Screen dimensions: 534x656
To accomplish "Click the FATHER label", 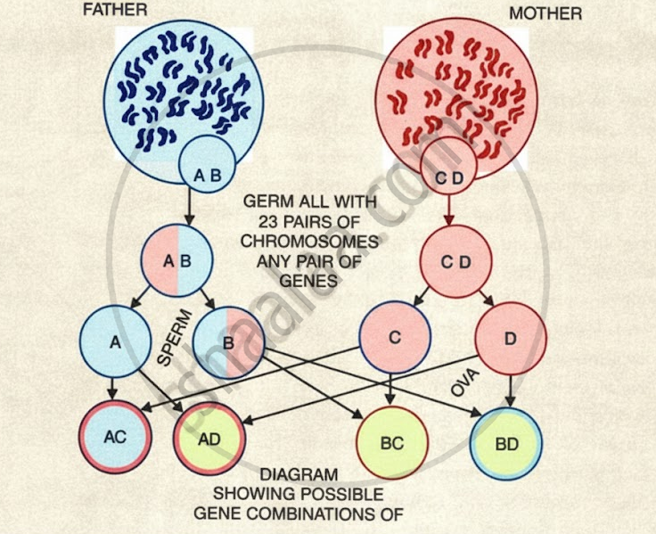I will click(x=115, y=12).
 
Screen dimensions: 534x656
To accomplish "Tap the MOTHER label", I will click(x=545, y=13).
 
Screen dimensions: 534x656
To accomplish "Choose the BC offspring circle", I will click(x=392, y=443).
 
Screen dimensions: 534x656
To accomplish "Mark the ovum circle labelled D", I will click(x=510, y=338).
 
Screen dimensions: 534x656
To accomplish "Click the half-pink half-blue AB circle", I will click(x=177, y=261).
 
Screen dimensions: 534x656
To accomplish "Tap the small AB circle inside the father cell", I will click(x=208, y=176).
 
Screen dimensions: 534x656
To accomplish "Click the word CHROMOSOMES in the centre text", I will click(x=310, y=242).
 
